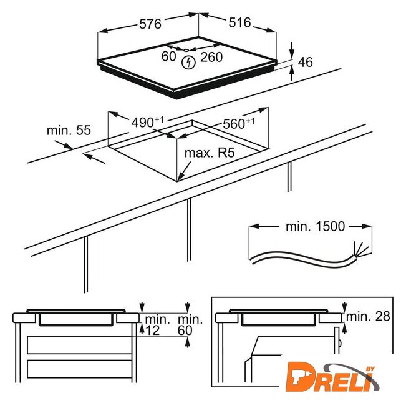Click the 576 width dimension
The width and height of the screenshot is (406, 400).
coord(150,24)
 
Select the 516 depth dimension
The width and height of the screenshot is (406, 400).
coord(239,22)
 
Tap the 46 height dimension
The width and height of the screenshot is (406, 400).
coord(306,62)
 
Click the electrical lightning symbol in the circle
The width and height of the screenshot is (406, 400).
coord(188,62)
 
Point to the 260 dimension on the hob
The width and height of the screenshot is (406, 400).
coord(211,57)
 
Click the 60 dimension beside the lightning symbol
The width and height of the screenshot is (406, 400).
coord(168,56)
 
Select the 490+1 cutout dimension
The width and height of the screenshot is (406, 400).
coord(148,122)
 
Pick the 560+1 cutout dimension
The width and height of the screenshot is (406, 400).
coord(239,123)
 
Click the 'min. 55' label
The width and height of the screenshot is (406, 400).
coord(69,130)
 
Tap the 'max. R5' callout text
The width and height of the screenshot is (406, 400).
coord(210,152)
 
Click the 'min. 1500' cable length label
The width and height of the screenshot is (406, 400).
coord(316,226)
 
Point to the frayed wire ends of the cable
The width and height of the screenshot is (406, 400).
coord(361,250)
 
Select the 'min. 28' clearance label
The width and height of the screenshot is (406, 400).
coord(368,316)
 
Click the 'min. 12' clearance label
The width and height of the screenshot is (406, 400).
coord(157,325)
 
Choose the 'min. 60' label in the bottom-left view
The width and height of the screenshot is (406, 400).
coord(190,325)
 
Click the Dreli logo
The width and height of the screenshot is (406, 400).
coord(333,377)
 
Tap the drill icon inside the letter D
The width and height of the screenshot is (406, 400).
coord(297,378)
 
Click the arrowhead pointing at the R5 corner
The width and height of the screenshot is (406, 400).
coord(181,176)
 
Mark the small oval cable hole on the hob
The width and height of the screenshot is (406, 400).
coord(186,51)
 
